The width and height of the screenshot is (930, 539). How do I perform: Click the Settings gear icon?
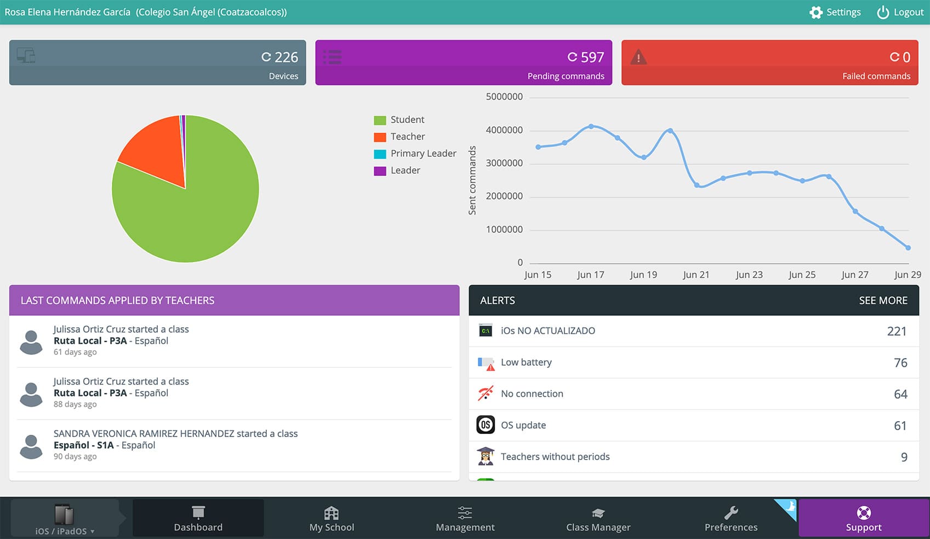(816, 12)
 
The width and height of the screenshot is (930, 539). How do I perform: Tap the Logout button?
(900, 12)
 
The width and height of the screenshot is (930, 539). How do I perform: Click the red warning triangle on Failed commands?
(638, 57)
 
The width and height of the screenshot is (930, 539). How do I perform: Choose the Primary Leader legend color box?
(380, 154)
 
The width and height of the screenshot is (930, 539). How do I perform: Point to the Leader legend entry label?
(405, 171)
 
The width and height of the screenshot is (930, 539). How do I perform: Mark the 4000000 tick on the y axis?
(504, 130)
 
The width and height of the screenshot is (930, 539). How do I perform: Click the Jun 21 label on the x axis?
(696, 275)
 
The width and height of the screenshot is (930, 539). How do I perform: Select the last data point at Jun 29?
(908, 248)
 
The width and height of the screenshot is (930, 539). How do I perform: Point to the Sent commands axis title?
(472, 180)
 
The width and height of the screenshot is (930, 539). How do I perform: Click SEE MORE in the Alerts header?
(883, 300)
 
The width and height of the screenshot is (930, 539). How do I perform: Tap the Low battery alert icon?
(486, 363)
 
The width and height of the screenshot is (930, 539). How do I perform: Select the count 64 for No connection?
(900, 394)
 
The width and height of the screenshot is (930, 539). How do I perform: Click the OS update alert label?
(523, 425)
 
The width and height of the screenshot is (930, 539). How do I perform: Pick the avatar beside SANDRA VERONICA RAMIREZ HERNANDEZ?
(31, 446)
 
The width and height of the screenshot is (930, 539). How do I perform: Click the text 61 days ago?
(75, 351)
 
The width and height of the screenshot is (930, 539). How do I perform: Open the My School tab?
(332, 518)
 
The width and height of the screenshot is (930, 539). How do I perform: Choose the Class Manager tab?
(598, 518)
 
